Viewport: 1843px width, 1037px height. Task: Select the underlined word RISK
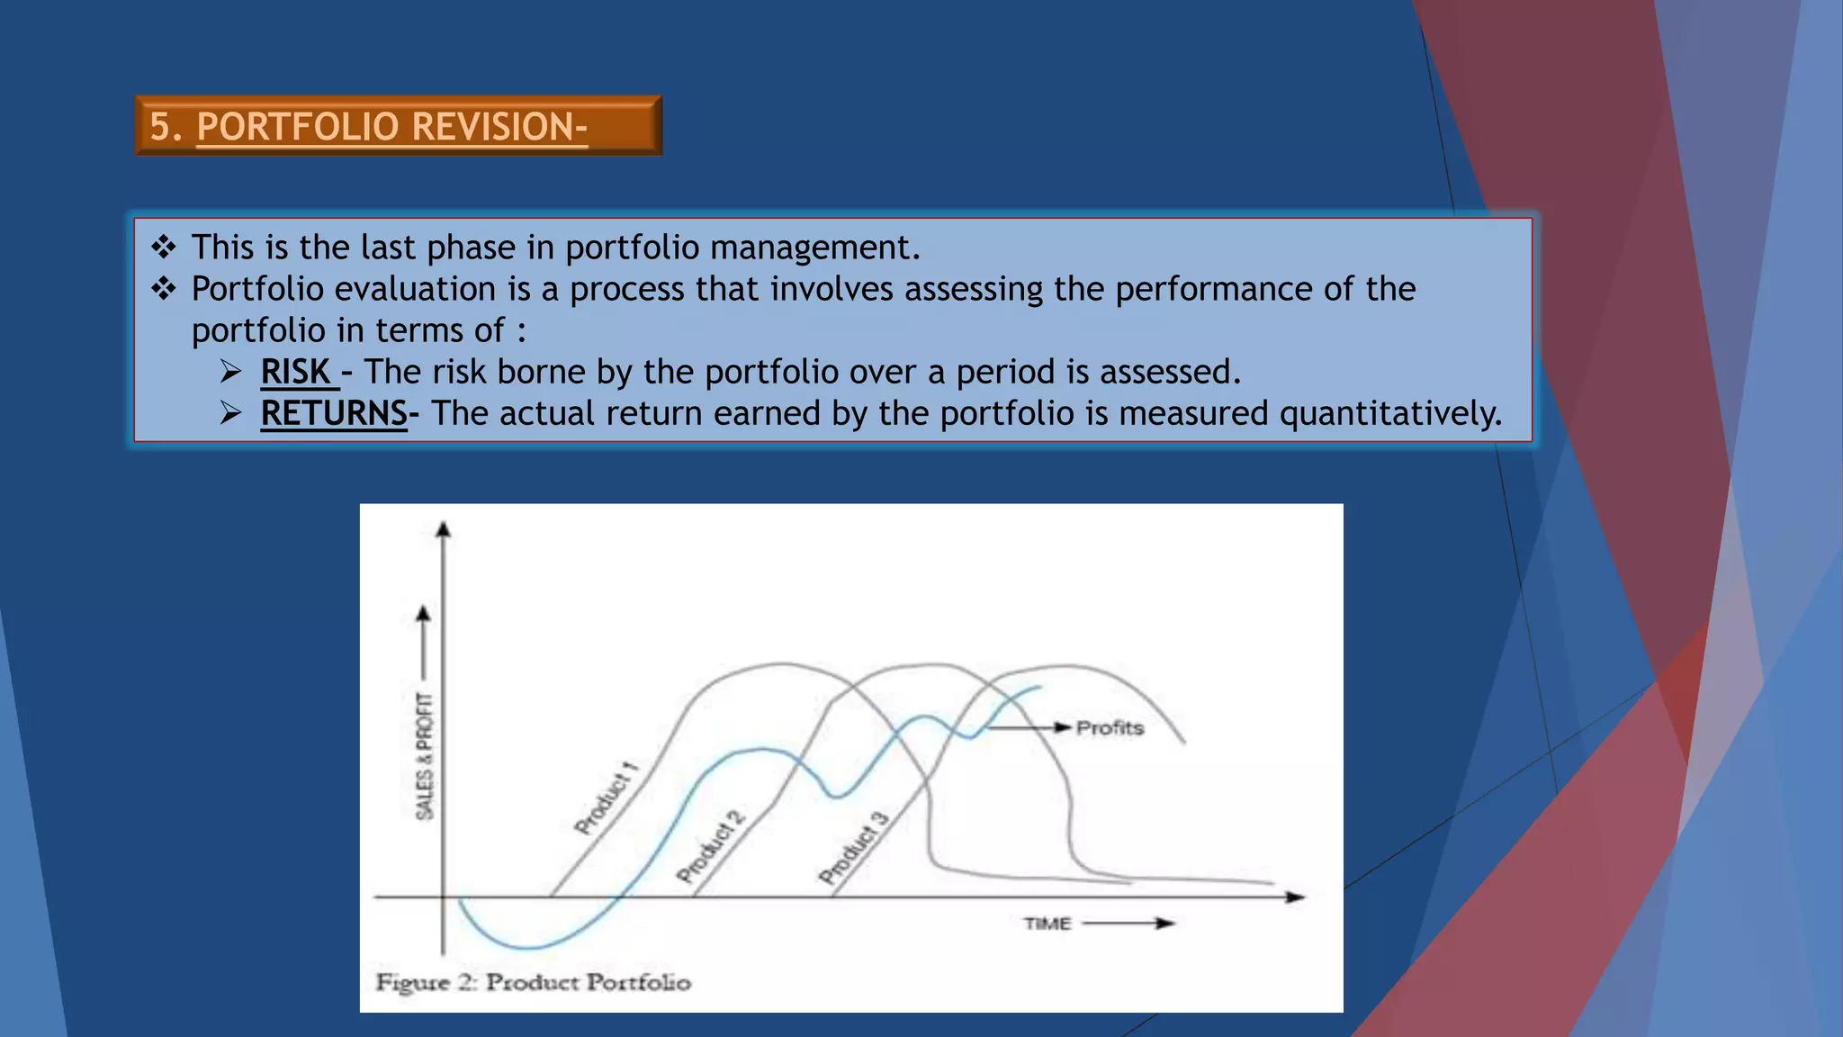[x=296, y=372]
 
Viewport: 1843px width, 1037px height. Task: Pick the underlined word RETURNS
[x=334, y=413]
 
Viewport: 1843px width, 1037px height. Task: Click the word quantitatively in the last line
[x=1390, y=413]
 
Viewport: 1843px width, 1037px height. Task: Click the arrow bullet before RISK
[x=231, y=372]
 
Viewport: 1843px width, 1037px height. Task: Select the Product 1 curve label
[x=607, y=798]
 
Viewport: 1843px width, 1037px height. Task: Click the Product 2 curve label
[x=711, y=846]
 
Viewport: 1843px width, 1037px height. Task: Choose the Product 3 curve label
[x=853, y=847]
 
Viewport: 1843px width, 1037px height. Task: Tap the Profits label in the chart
[x=1110, y=727]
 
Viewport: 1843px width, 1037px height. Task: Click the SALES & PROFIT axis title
[x=424, y=756]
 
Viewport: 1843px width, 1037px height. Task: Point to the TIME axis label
[x=1047, y=924]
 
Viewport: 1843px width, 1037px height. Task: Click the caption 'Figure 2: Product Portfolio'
[x=534, y=982]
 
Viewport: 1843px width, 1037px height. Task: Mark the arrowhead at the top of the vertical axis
[x=443, y=529]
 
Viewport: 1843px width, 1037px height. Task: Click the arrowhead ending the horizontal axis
[x=1295, y=897]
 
